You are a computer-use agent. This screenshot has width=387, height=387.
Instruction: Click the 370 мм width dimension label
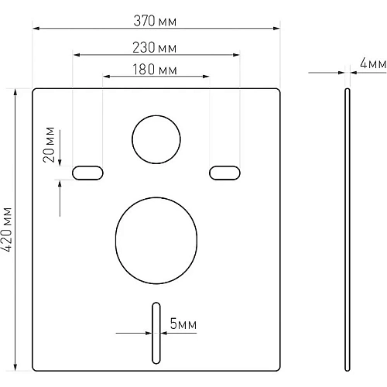pos(155,21)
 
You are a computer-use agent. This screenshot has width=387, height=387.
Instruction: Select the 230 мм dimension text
pos(155,48)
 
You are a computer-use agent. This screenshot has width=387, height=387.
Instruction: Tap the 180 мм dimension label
pos(155,70)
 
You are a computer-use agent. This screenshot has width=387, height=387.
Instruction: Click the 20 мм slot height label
pos(49,145)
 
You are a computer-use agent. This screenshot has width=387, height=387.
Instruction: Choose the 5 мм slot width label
pos(183,324)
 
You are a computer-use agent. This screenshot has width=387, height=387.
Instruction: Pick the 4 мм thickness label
pos(373,63)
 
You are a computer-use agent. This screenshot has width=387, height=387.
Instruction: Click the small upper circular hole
pos(156,139)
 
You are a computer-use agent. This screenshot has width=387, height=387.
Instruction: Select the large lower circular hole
pos(156,241)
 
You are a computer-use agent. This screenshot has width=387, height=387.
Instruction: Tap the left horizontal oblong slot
pos(87,173)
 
